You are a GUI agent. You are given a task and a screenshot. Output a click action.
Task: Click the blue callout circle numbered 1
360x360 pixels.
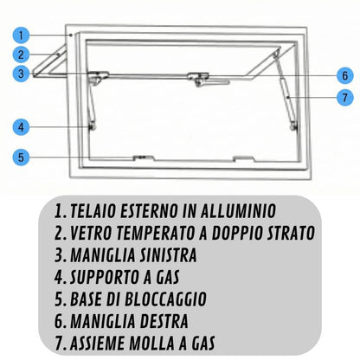tap(21, 35)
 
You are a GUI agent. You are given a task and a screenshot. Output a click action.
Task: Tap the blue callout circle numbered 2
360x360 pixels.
tap(21, 55)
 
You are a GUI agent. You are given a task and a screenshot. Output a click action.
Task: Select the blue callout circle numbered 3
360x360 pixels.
tap(21, 74)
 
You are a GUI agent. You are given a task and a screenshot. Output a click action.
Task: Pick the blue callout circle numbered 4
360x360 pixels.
tap(21, 127)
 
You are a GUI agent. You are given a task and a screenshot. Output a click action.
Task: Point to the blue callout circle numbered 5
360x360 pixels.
tap(21, 157)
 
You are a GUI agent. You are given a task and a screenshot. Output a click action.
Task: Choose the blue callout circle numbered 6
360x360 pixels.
tap(345, 75)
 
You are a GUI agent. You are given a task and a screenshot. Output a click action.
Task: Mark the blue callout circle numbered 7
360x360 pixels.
tap(345, 98)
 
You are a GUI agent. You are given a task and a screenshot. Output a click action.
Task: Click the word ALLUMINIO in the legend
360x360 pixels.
tap(238, 211)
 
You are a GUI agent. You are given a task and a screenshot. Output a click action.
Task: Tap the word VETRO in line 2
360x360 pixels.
tap(91, 233)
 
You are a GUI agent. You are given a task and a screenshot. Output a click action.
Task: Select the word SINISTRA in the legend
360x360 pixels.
tap(169, 255)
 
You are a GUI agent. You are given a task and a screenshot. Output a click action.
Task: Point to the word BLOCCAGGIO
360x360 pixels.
tap(165, 299)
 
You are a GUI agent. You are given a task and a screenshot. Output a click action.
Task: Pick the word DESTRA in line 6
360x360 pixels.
tap(164, 321)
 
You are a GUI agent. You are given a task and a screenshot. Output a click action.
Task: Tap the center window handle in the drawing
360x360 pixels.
tap(208, 80)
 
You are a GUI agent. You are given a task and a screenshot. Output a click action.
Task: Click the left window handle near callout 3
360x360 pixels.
tap(98, 77)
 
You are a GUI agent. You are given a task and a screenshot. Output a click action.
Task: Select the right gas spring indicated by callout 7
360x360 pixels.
tap(287, 98)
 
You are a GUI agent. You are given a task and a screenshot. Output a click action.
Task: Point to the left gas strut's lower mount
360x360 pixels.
tap(92, 126)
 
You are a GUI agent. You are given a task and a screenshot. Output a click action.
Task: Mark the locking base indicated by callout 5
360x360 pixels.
tap(144, 157)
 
